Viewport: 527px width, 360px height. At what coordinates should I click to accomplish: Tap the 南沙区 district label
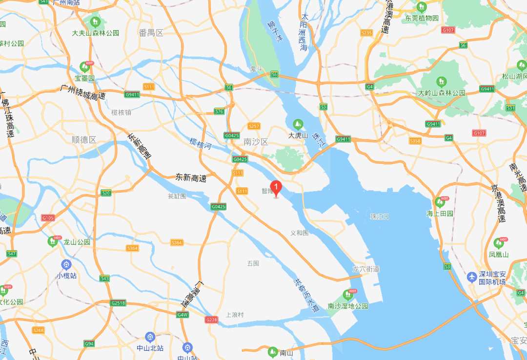[x=256, y=142]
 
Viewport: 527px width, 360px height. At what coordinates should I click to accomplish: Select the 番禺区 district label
[x=151, y=33]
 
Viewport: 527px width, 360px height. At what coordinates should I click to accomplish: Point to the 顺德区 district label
[x=84, y=140]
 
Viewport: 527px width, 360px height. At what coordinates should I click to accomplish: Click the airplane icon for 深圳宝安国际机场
[x=472, y=277]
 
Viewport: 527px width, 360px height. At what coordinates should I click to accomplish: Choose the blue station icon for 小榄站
[x=66, y=265]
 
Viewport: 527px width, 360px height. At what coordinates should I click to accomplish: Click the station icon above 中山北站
[x=149, y=337]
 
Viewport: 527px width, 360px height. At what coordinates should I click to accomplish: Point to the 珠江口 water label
[x=379, y=216]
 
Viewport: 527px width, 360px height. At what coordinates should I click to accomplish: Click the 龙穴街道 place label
[x=366, y=269]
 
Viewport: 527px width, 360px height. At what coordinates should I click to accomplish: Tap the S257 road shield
[x=254, y=126]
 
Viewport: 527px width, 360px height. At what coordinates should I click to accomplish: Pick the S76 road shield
[x=219, y=112]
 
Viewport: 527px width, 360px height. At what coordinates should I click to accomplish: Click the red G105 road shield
[x=48, y=218]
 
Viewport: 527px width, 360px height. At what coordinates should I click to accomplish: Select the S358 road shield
[x=415, y=140]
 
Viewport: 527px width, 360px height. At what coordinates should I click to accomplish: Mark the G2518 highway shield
[x=118, y=303]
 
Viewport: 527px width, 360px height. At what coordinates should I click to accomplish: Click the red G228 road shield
[x=211, y=320]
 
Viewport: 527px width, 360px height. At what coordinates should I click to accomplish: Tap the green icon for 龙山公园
[x=53, y=241]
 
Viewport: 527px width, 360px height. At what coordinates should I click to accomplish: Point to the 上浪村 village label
[x=235, y=315]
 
